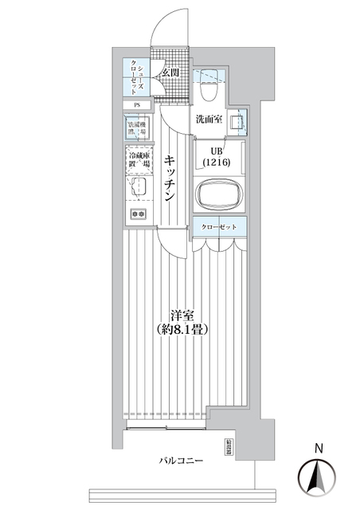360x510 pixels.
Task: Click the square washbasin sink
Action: coord(237,123)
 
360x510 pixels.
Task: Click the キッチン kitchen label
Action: coord(170,180)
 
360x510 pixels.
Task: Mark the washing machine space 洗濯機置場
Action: coord(139,129)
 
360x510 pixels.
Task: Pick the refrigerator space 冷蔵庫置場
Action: coord(139,163)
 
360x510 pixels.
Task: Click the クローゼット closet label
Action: coord(219,227)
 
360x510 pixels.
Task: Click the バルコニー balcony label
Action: coord(181,461)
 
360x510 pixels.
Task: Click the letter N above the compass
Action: coord(317,448)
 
